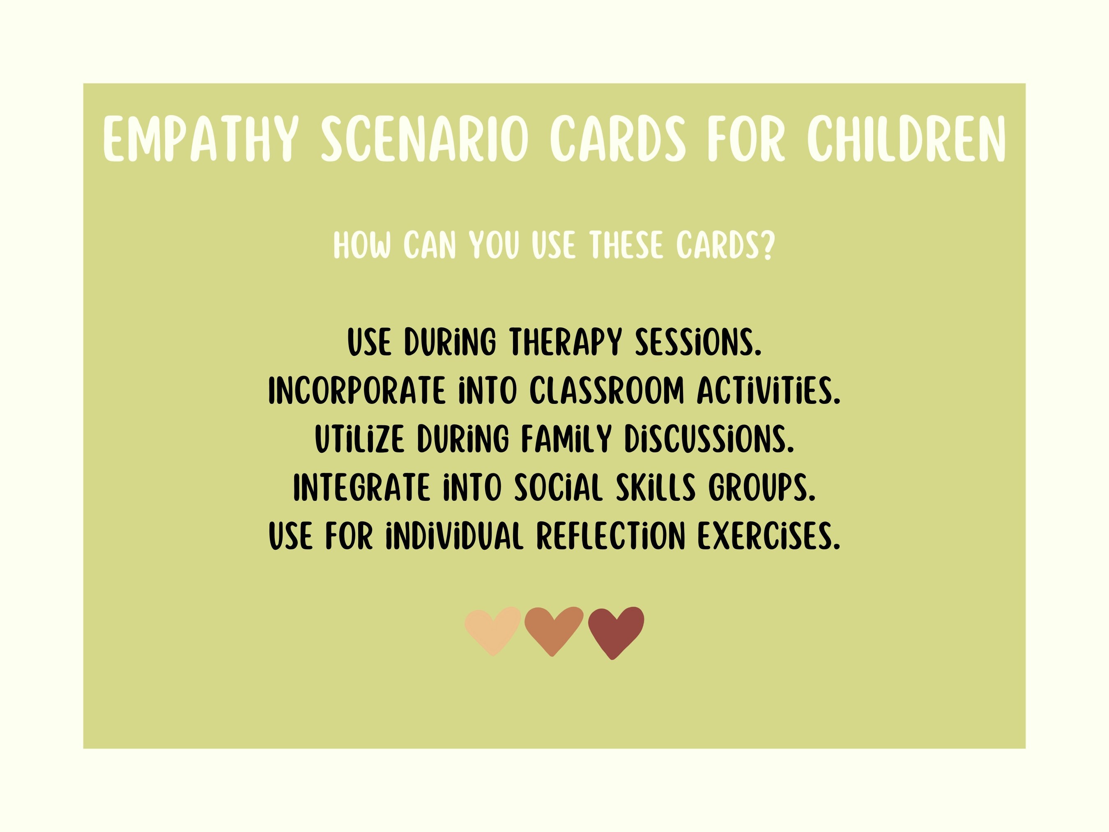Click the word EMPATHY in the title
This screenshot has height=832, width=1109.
[200, 139]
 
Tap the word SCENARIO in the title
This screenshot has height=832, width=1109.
[424, 139]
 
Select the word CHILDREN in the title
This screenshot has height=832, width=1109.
[907, 139]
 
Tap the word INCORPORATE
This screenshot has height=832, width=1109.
[357, 391]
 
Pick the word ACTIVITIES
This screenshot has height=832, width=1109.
[768, 391]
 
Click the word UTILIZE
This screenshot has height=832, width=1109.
[359, 439]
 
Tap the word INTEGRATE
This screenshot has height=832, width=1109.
[361, 487]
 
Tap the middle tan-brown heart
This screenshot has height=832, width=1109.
[554, 629]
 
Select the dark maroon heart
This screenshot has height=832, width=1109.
[616, 630]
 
